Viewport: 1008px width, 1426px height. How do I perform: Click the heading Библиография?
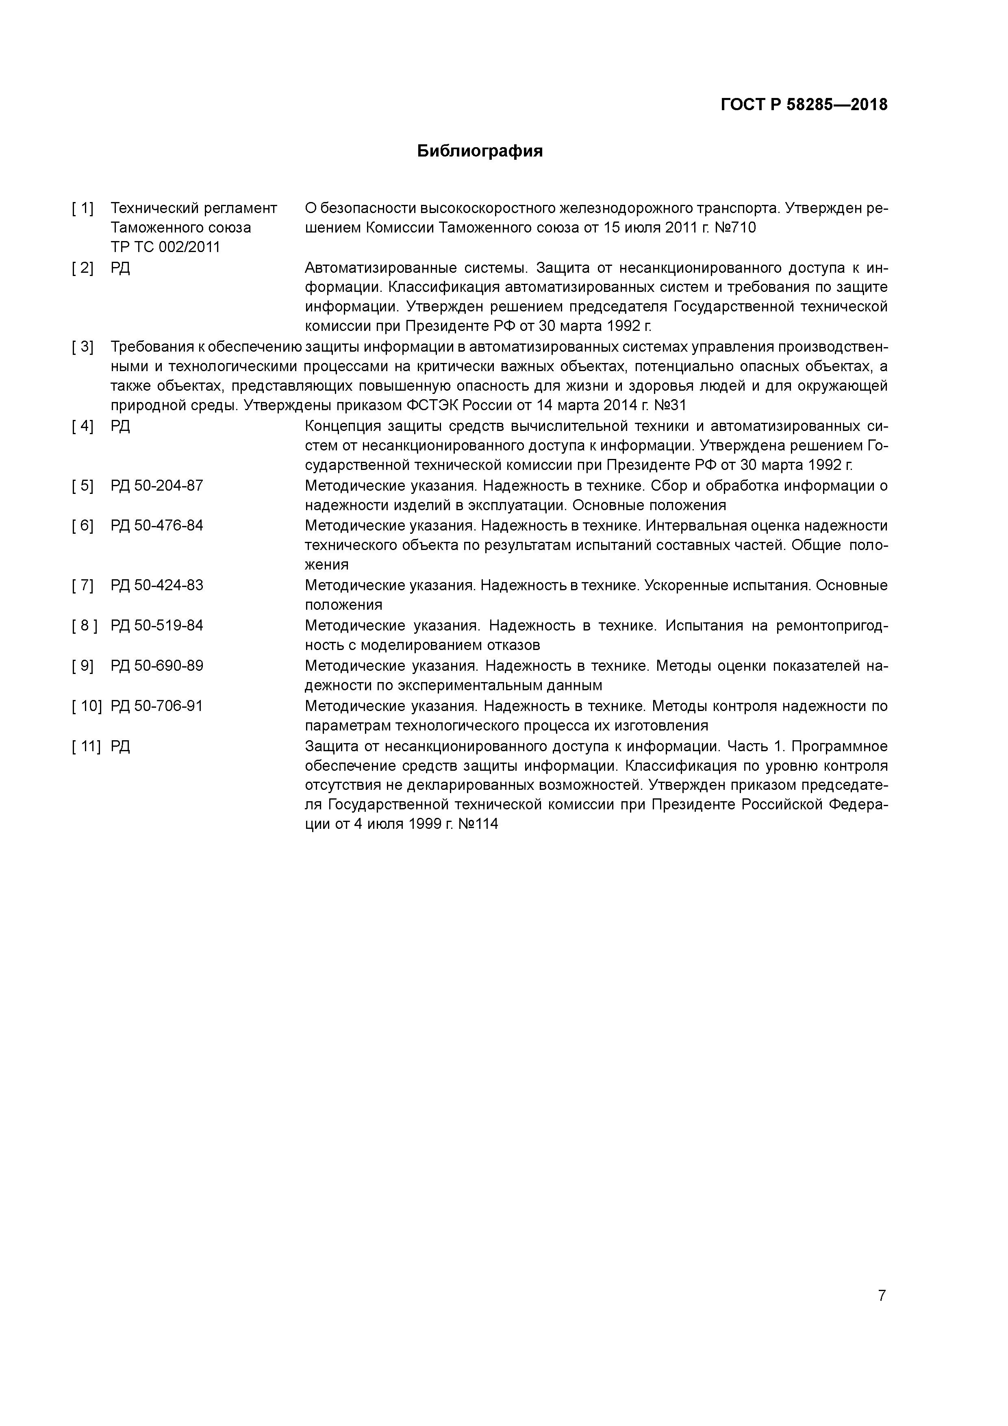(x=480, y=151)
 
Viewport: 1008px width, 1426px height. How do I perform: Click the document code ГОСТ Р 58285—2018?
(x=804, y=105)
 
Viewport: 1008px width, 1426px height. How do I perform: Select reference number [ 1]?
(x=83, y=208)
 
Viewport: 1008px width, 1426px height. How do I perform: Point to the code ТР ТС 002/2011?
(x=165, y=247)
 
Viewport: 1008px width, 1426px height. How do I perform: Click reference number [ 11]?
(x=86, y=746)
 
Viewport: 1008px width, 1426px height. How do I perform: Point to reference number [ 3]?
(x=83, y=347)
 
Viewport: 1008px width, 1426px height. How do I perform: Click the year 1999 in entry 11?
(x=424, y=825)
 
